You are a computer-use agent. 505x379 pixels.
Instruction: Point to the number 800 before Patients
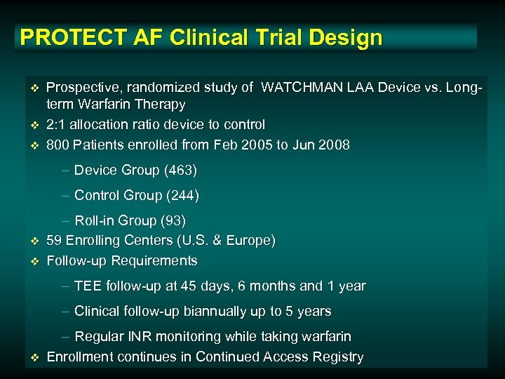point(58,145)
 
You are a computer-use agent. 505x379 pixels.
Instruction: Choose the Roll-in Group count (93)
point(173,221)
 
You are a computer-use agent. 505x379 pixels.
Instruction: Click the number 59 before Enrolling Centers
point(54,241)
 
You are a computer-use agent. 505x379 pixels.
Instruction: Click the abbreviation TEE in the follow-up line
point(87,286)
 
